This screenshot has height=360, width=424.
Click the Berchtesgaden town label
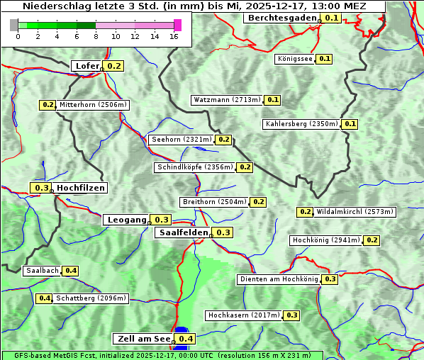pos(281,18)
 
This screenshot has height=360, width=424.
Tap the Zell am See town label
pos(143,339)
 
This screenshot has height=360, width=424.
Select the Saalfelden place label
pos(183,232)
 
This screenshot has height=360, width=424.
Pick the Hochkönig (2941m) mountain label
pos(326,240)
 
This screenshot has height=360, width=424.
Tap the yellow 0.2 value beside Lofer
pos(114,66)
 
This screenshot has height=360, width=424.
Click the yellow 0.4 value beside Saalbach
pos(70,271)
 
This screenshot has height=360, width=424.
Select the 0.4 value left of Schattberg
pos(44,298)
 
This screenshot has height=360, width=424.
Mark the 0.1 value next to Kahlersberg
pos(350,124)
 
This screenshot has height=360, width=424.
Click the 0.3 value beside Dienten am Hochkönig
pos(330,279)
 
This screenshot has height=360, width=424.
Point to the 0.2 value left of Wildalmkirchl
pos(305,212)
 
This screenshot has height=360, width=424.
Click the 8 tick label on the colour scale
pos(96,36)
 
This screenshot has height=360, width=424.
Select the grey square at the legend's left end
pos(14,25)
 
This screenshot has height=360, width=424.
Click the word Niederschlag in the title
pos(53,6)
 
